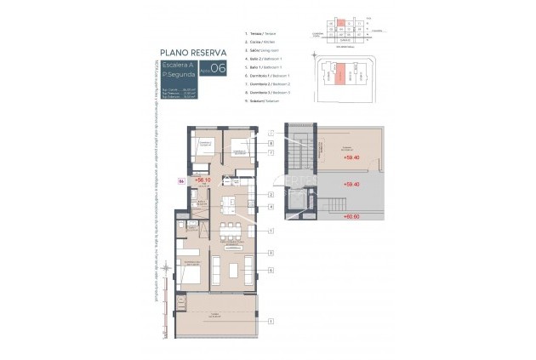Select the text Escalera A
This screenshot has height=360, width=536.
click(175, 65)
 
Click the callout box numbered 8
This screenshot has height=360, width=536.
click(270, 143)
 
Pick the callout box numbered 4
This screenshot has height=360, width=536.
click(270, 207)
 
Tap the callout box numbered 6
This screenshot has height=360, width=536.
click(270, 270)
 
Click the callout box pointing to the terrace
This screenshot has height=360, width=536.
click(270, 322)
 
